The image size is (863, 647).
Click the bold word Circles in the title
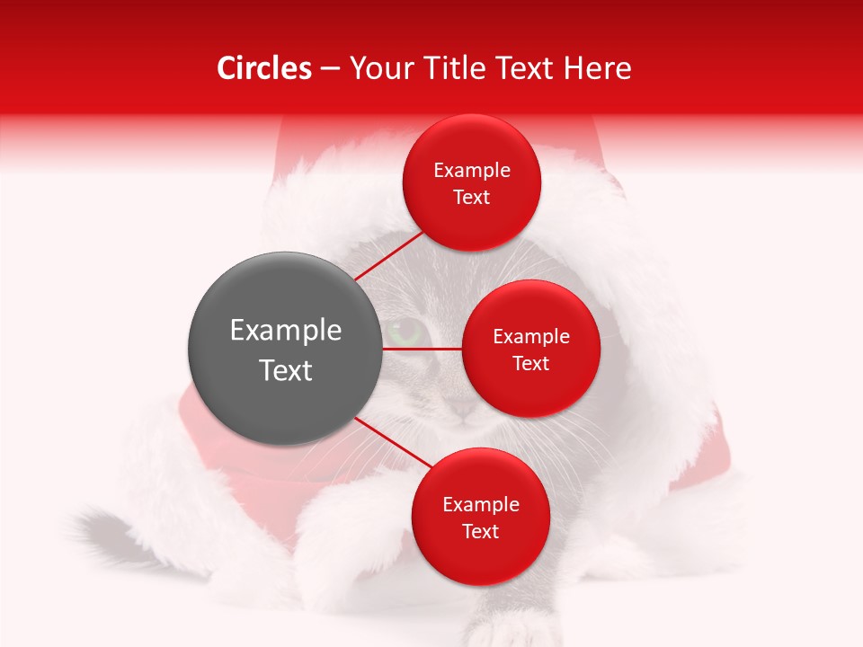264,68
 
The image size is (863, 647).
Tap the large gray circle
285,349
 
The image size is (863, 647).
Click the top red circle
471,182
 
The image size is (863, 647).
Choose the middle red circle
530,349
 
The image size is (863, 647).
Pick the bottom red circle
480,517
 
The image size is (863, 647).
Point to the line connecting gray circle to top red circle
387,255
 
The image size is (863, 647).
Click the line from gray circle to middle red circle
423,349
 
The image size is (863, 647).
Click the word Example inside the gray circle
285,331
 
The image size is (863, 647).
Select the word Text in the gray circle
285,370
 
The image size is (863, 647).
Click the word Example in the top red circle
471,170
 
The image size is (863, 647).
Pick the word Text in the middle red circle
530,363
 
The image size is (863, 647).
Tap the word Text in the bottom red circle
480,531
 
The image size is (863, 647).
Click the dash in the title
329,68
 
